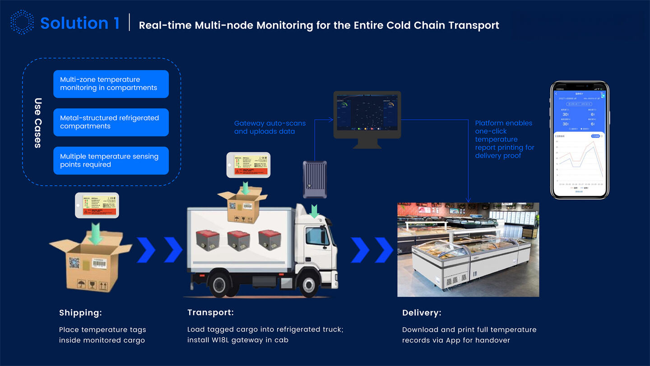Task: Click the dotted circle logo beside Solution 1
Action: click(x=22, y=22)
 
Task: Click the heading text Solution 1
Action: click(x=80, y=23)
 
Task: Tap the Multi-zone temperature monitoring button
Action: click(x=111, y=84)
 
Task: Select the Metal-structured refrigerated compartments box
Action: click(x=111, y=122)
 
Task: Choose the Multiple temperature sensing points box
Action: click(x=111, y=160)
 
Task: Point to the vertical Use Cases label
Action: click(x=38, y=122)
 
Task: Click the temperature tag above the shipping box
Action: click(x=96, y=205)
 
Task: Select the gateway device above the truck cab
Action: click(x=315, y=179)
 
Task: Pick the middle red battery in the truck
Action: click(x=239, y=241)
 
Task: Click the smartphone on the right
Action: click(x=580, y=140)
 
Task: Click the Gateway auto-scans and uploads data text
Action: click(x=269, y=127)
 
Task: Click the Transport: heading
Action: click(x=210, y=313)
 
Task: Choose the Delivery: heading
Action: click(x=422, y=313)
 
